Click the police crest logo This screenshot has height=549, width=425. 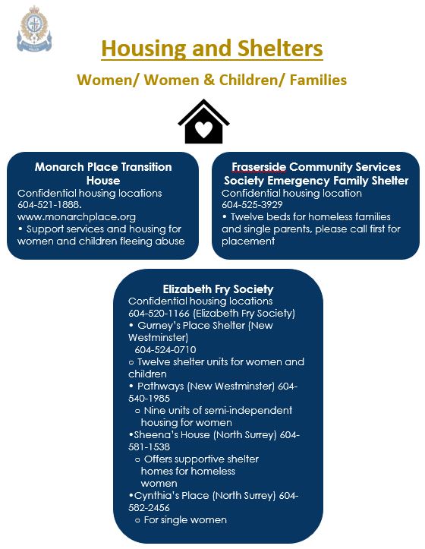[x=34, y=29]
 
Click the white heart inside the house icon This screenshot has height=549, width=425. [x=203, y=130]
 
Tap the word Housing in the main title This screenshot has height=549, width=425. [x=144, y=48]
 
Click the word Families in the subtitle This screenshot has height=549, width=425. [x=318, y=80]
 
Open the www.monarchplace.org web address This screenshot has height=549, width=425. [x=77, y=217]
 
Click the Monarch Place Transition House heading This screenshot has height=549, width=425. [x=103, y=173]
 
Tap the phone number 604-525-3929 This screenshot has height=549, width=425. [x=252, y=205]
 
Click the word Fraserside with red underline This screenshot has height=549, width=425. [x=259, y=167]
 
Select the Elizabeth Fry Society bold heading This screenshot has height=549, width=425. [x=218, y=289]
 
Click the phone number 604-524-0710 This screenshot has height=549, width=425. [x=165, y=350]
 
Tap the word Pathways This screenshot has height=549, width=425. [x=160, y=387]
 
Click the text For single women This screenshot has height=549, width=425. [x=185, y=520]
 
